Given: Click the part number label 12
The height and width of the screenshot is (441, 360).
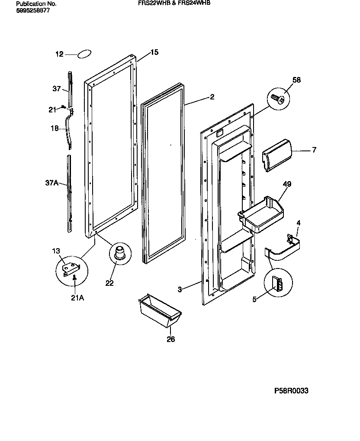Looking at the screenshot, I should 59,54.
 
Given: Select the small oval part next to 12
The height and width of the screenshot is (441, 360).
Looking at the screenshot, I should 84,54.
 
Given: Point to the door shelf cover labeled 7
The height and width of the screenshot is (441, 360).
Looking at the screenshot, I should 277,155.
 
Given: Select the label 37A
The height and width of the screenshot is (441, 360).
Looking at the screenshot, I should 51,183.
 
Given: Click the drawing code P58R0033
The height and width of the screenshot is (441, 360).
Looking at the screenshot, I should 291,391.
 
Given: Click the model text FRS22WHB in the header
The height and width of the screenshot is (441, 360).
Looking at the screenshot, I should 147,3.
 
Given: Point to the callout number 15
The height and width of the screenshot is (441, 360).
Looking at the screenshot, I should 154,52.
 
